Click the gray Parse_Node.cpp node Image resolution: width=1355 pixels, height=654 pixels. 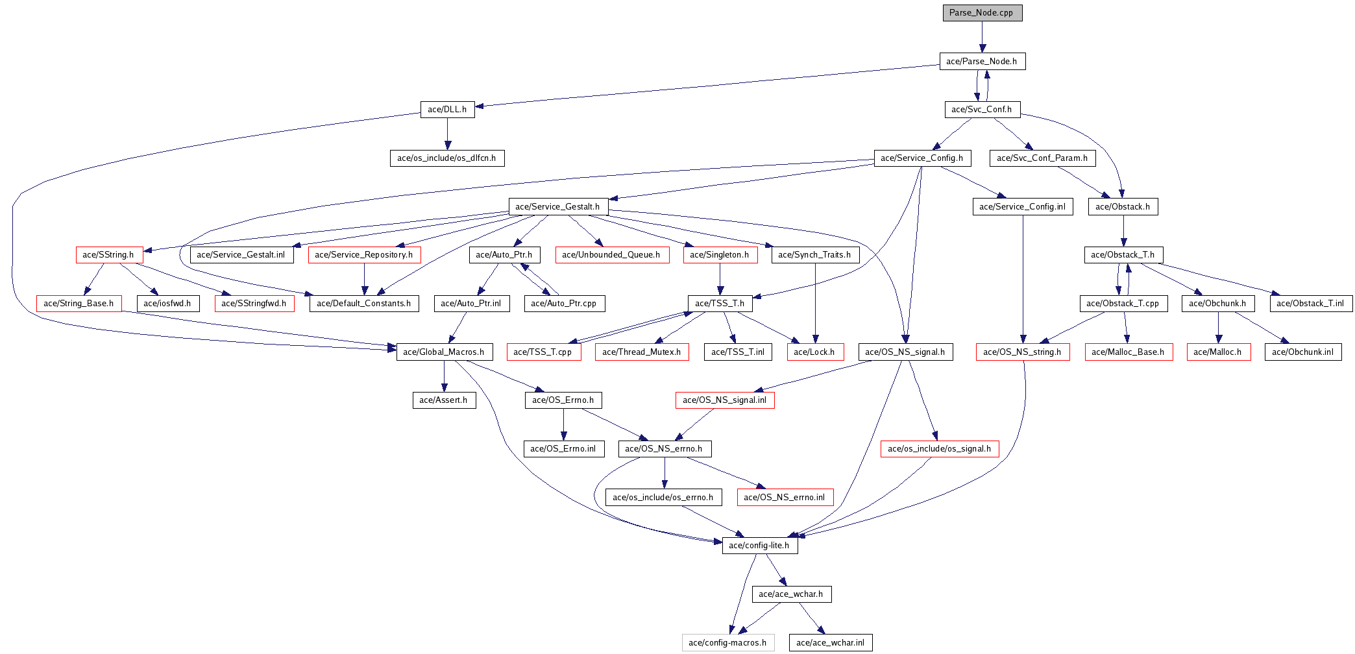(x=982, y=13)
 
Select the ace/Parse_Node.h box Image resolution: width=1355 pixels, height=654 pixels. (x=982, y=61)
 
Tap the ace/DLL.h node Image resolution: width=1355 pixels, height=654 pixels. (x=447, y=109)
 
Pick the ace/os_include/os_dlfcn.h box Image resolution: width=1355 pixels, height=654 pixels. (x=446, y=158)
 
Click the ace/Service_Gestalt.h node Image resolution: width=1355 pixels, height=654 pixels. (x=557, y=206)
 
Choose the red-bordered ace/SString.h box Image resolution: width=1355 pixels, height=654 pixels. (x=108, y=254)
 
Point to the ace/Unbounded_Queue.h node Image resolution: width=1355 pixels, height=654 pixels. (x=611, y=254)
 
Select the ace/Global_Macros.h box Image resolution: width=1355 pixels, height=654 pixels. (x=444, y=352)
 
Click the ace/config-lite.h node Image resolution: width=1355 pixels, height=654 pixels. (x=759, y=545)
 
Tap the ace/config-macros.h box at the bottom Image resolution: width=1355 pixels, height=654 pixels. (x=727, y=642)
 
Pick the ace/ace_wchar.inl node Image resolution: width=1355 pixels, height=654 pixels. (x=830, y=642)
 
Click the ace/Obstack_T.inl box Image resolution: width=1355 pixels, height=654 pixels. (x=1310, y=303)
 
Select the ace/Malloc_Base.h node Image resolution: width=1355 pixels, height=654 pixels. (x=1128, y=352)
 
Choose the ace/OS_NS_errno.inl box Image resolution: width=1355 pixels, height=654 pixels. (x=785, y=497)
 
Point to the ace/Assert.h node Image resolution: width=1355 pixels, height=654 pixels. (x=444, y=400)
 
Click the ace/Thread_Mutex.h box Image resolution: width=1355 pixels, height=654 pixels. (x=642, y=352)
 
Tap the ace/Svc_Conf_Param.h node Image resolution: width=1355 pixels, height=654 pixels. (x=1042, y=158)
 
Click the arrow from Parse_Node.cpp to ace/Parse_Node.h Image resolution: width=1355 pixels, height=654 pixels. (x=983, y=37)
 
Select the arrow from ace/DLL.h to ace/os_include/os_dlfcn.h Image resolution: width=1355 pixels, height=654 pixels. (x=447, y=134)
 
